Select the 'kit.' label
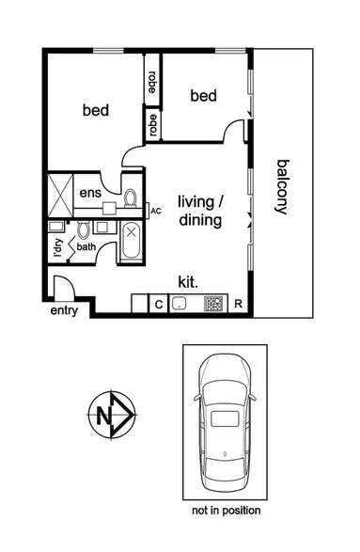188,280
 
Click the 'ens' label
90,194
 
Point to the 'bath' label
86,247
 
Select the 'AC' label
156,211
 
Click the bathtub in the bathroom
130,244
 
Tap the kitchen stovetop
213,303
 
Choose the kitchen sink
180,303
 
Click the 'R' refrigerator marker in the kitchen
239,303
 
